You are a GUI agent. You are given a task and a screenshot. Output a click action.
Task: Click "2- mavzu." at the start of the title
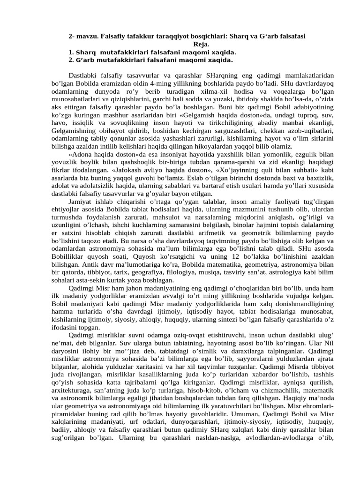click(84, 36)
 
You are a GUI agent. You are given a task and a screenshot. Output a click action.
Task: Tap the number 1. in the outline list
click(71, 52)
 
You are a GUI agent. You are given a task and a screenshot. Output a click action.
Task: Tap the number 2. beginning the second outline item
click(71, 60)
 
